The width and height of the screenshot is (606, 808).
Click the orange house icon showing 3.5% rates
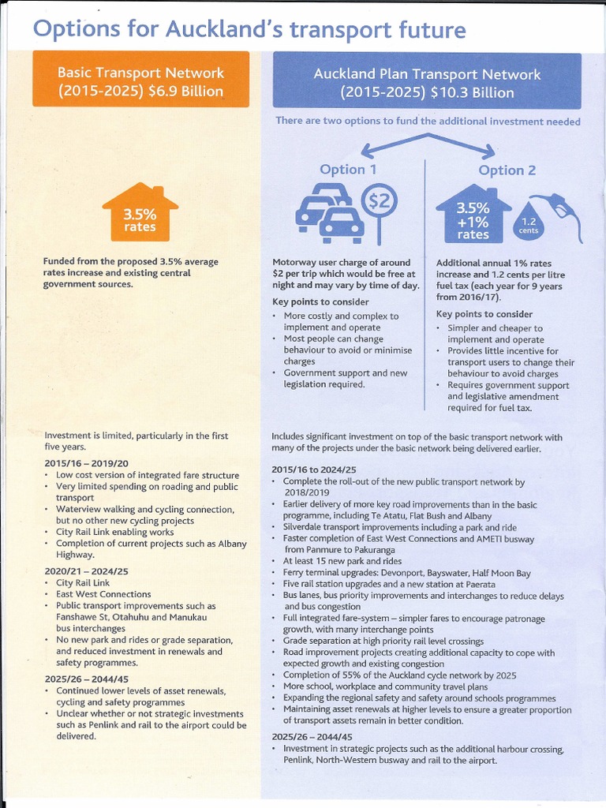[139, 214]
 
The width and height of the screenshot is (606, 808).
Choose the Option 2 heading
[507, 170]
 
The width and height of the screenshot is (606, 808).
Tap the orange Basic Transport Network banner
[140, 81]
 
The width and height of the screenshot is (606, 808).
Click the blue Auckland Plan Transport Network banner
[427, 83]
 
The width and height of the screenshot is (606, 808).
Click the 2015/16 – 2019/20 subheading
[87, 463]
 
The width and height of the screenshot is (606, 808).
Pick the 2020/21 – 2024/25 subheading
[87, 570]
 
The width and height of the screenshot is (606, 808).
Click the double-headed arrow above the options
[427, 144]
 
